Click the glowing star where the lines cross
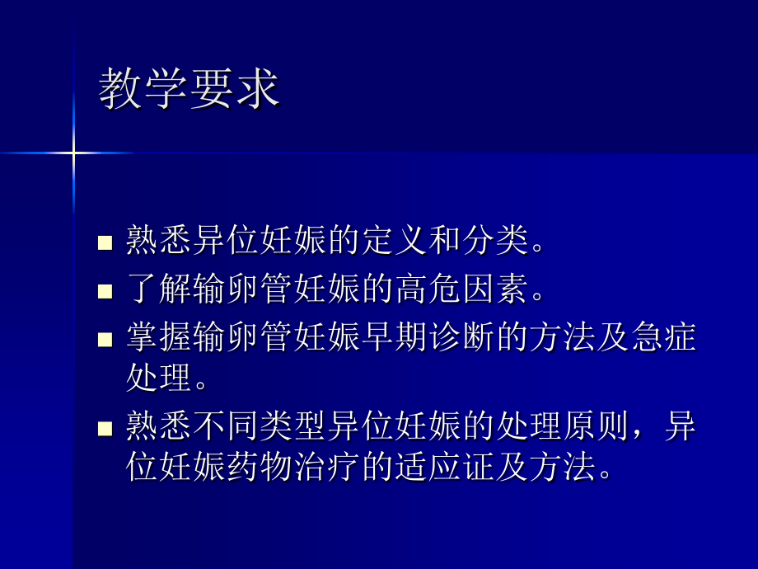(x=73, y=153)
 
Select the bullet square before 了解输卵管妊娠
(x=105, y=290)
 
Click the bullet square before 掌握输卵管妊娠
(x=105, y=339)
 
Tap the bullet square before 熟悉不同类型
(x=105, y=429)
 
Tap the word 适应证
(x=461, y=468)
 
